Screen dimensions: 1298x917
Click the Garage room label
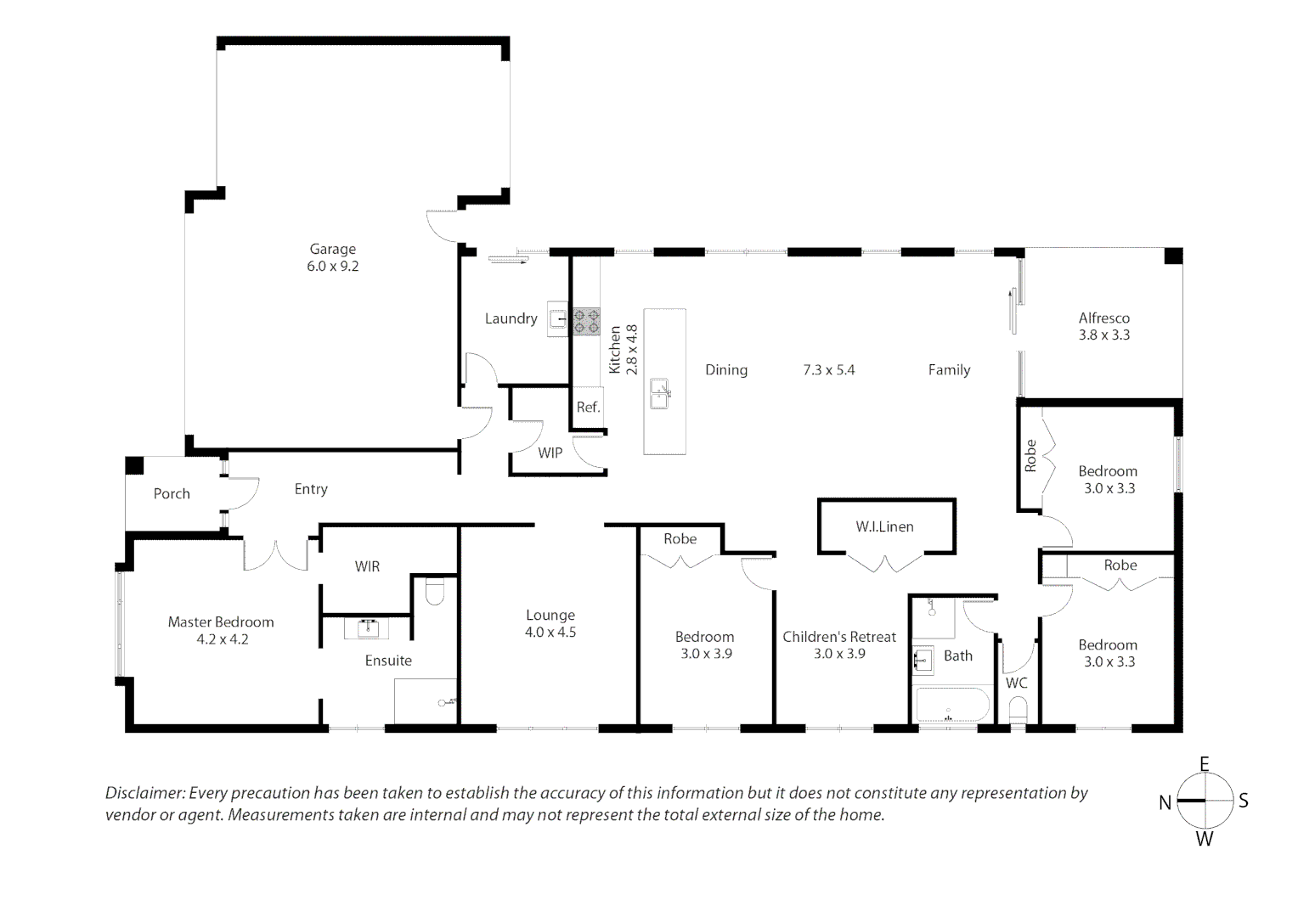tap(333, 249)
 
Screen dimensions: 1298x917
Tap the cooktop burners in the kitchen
tap(586, 322)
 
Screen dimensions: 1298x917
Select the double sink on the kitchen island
tap(659, 394)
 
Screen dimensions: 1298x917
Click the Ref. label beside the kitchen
tap(588, 408)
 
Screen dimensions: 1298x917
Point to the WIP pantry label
tap(550, 453)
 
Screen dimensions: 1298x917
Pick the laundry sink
tap(558, 318)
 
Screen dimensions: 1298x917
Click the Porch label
tap(172, 493)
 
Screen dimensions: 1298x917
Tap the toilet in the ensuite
tap(435, 591)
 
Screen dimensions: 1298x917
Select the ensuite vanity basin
tap(367, 628)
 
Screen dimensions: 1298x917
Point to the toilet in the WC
tap(1019, 710)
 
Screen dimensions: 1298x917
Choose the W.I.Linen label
tap(885, 526)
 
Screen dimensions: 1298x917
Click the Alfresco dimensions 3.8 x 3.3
tap(1103, 335)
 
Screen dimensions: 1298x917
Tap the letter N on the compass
tap(1165, 802)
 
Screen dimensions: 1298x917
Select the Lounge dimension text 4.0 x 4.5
tap(550, 632)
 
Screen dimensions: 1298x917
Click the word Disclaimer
tap(145, 793)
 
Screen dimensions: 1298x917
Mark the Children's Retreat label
tap(839, 637)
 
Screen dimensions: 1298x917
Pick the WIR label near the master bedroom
tap(367, 566)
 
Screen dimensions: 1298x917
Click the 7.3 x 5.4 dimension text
tap(828, 370)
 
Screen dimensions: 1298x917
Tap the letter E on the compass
tap(1204, 764)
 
